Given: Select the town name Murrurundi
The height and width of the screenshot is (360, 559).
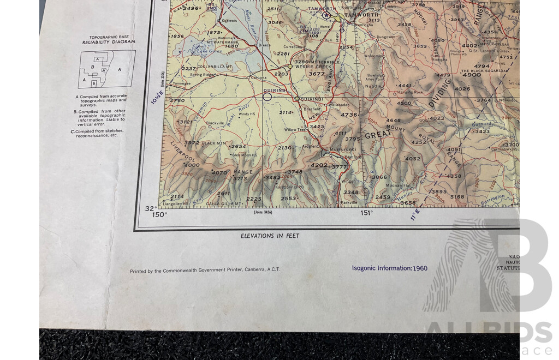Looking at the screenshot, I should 342,149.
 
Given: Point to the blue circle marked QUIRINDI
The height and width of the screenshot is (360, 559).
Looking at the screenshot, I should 267,97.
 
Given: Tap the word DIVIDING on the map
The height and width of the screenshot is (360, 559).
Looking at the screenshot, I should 440,92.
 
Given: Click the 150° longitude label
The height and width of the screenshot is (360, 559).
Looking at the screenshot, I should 159,215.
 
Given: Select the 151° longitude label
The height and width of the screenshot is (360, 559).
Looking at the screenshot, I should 366,213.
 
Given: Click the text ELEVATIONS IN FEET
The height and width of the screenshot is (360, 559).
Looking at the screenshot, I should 270,236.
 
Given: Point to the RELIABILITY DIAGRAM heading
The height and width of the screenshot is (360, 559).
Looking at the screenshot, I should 109,42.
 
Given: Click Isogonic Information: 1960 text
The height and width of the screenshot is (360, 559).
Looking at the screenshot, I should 389,268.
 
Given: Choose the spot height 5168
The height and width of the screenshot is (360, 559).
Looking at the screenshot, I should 457,197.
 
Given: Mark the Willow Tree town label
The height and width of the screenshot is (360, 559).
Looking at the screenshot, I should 295,130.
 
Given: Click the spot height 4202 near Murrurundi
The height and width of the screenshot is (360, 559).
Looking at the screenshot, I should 319,165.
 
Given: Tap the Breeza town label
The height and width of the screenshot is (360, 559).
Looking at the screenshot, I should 264,45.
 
